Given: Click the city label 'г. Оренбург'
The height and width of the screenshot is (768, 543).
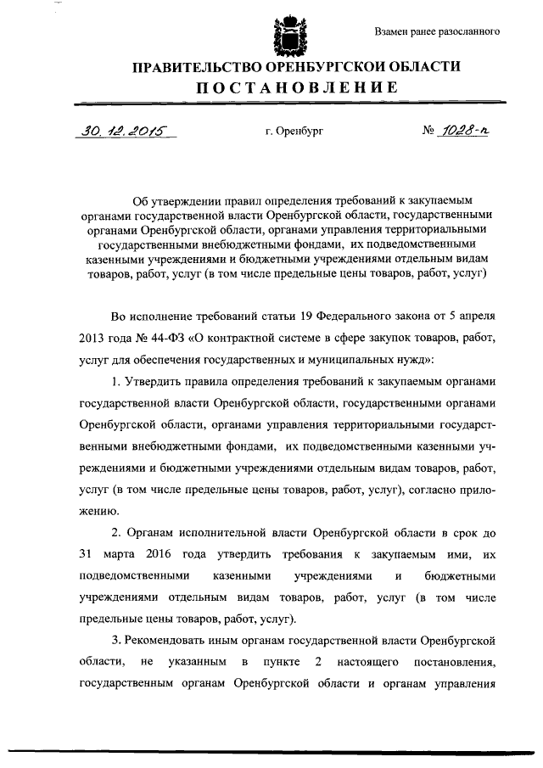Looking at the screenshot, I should pyautogui.click(x=294, y=132).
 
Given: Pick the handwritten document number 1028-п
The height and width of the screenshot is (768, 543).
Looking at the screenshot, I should pyautogui.click(x=465, y=131).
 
